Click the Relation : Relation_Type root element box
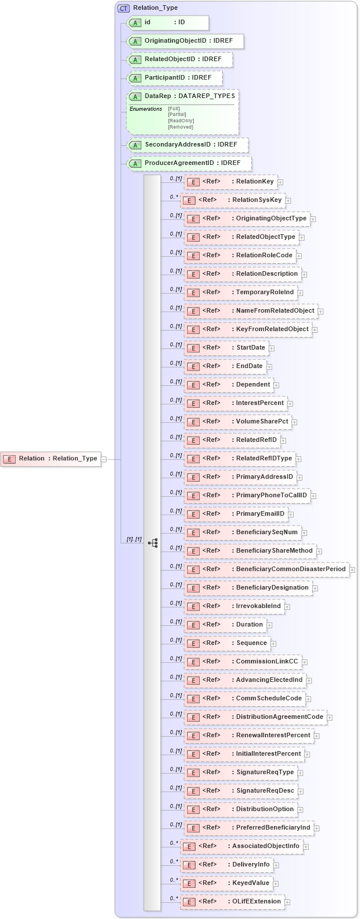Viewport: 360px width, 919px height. (51, 459)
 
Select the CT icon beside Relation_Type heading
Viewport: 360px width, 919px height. (123, 8)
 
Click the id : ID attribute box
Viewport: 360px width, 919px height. (167, 22)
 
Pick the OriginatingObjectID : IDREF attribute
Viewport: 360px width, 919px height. (185, 41)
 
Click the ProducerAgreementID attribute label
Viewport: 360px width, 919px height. (179, 163)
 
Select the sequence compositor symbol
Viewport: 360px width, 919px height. (153, 543)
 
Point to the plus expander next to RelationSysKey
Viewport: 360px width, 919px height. (288, 201)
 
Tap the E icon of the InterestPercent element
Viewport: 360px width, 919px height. (193, 404)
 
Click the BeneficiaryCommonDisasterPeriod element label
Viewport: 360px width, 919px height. (291, 569)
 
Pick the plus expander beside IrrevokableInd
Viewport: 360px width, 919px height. (287, 606)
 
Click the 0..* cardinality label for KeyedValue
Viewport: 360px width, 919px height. (174, 880)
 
